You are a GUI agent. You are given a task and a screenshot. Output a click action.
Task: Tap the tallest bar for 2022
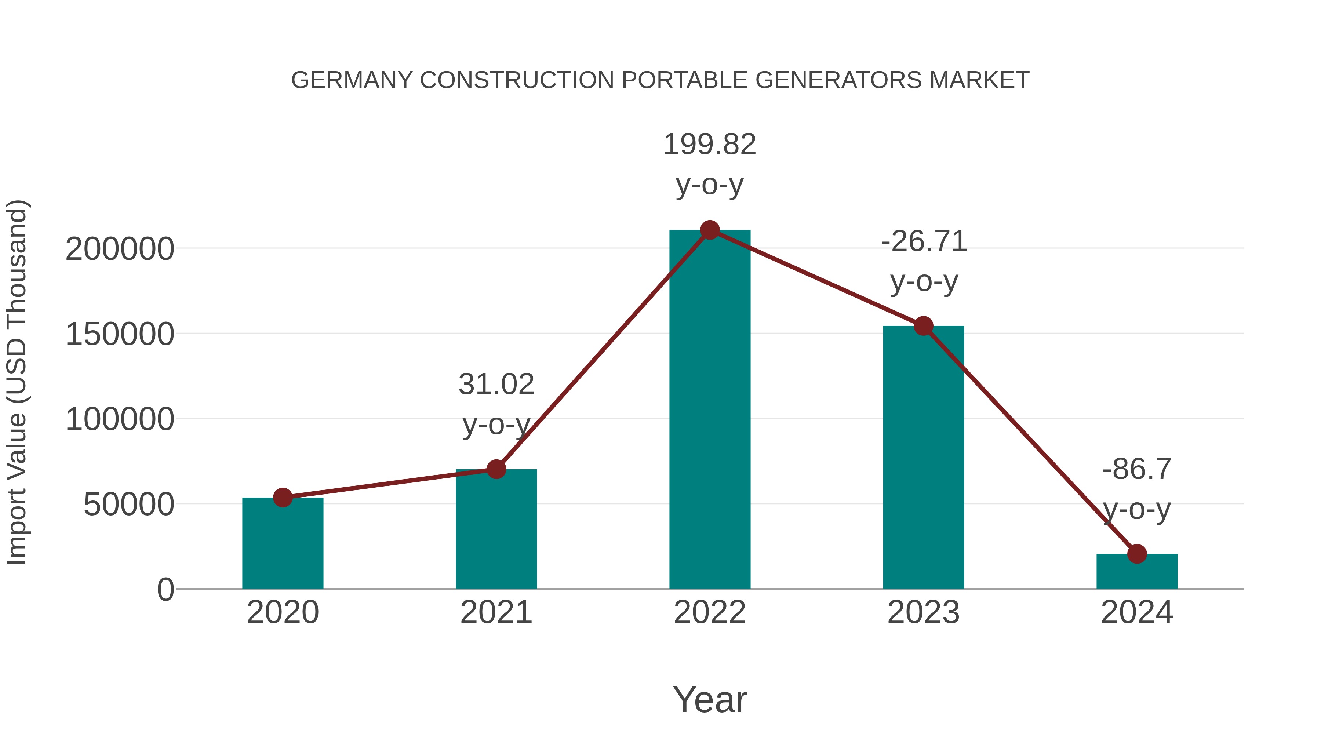pos(710,410)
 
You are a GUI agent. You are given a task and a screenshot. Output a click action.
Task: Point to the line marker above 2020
pos(283,498)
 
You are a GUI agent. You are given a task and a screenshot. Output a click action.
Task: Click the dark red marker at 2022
pos(710,230)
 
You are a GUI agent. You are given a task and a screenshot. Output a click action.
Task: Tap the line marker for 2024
pos(1137,554)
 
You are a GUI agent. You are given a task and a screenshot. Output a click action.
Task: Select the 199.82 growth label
pos(710,145)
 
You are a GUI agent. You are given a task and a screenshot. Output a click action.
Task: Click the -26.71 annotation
pos(924,241)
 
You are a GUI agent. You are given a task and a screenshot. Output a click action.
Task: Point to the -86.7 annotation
pos(1137,469)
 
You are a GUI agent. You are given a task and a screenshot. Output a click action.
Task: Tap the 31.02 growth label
pos(496,385)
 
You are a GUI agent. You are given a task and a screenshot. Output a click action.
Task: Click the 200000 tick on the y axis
pos(120,250)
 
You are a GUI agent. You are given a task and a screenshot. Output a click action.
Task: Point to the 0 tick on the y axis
pos(165,590)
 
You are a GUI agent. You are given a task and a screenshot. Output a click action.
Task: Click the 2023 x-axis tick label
pos(923,613)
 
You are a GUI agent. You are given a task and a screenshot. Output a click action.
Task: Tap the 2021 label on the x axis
pos(496,613)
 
